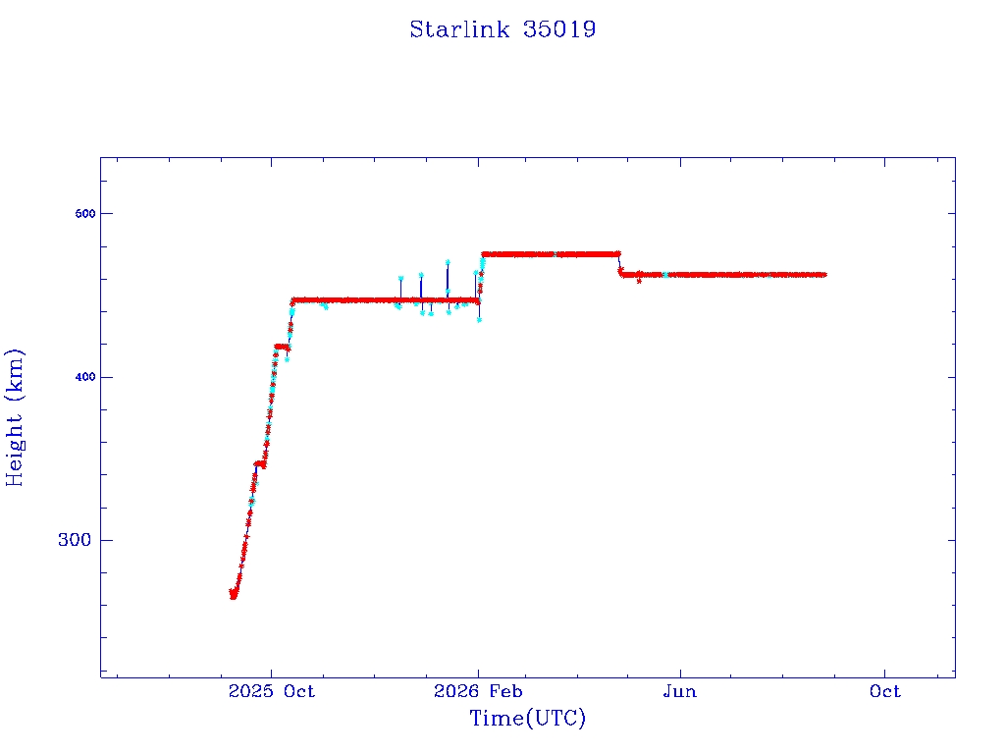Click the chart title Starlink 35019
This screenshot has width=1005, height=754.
click(x=502, y=29)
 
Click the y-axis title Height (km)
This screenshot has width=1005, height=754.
click(x=14, y=417)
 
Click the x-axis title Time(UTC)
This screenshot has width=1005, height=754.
click(x=527, y=718)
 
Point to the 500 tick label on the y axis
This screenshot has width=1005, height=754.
click(x=85, y=213)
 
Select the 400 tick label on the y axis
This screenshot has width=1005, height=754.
click(x=85, y=377)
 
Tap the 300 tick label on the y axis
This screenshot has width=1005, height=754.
click(x=75, y=540)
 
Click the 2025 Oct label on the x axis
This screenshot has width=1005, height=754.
click(x=272, y=691)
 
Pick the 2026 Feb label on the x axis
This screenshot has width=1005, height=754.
click(x=478, y=691)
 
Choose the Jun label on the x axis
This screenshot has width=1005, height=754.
click(x=680, y=691)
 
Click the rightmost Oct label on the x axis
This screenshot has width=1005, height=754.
click(x=885, y=691)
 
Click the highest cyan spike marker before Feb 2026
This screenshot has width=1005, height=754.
click(x=448, y=262)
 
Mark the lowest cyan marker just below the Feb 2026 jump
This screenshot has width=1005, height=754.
click(x=479, y=320)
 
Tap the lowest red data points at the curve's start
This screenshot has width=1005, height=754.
click(x=234, y=596)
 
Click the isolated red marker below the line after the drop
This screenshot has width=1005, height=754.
click(x=639, y=281)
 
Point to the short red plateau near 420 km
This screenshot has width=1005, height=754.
click(x=282, y=347)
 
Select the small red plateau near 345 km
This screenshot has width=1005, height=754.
click(x=259, y=463)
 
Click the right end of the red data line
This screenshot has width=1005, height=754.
click(x=824, y=275)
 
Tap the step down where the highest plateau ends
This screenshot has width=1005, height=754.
click(x=619, y=264)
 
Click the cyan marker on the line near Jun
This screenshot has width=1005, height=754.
click(x=665, y=275)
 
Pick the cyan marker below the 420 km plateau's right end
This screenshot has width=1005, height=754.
click(x=288, y=359)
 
